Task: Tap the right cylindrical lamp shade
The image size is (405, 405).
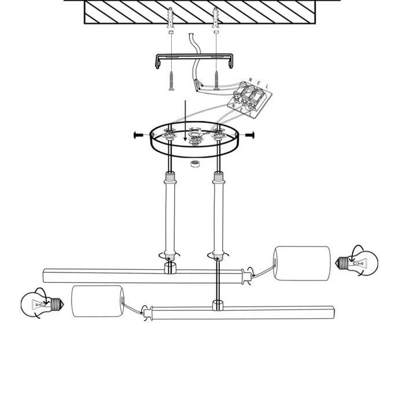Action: coord(302,263)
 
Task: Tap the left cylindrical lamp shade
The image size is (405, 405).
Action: coord(98,301)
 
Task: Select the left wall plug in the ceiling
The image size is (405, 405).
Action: coord(171,18)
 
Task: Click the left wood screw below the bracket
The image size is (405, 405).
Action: coord(171,80)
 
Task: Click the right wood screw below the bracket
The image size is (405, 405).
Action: coord(216,80)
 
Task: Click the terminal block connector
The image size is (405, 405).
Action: coord(249,100)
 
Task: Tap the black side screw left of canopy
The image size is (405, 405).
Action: coord(139,135)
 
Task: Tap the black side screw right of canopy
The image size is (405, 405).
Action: coord(250,135)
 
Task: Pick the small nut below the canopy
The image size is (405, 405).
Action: coord(195,164)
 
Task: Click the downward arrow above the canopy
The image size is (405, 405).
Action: coord(185,120)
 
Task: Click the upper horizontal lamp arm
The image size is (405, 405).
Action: coord(147,276)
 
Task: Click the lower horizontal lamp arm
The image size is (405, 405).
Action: coord(239,312)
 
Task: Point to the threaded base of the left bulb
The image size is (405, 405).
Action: coord(57,304)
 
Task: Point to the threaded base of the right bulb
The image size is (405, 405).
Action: coord(342,263)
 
